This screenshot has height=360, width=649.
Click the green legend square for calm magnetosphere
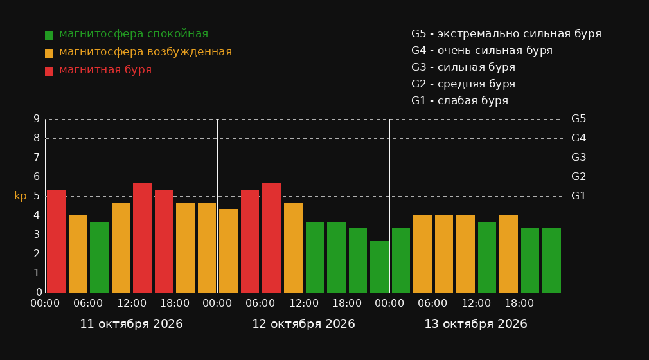pos(49,35)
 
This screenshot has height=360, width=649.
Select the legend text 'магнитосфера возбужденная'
pos(145,52)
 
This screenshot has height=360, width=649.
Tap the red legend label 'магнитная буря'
pos(105,70)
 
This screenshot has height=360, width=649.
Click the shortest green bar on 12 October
pos(379,267)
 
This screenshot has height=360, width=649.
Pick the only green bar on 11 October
pos(100,257)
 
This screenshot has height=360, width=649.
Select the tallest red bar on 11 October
pos(143,238)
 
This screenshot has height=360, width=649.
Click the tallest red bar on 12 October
pos(272,238)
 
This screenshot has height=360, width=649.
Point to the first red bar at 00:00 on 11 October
pos(57,241)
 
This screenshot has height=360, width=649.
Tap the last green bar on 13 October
pos(551,260)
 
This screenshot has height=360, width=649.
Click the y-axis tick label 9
pos(37,119)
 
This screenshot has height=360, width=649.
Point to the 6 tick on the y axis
pos(37,177)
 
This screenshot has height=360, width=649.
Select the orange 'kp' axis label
pos(21,196)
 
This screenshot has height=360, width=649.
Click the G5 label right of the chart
pos(578,119)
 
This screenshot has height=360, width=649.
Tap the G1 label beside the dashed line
pos(578,196)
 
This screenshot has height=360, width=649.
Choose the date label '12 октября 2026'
pos(303,324)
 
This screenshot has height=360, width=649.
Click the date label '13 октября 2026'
pos(476,324)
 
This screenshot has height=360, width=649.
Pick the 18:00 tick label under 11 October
pos(175,303)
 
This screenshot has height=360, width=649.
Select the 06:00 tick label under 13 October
pos(432,303)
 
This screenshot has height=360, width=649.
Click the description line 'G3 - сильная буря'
pos(463,67)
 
